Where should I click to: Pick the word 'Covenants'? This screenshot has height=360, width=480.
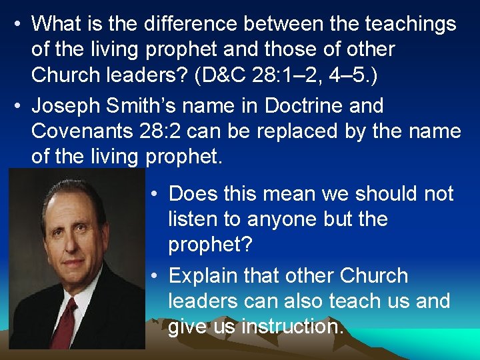pos(87,131)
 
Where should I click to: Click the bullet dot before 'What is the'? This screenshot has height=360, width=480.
pos(19,25)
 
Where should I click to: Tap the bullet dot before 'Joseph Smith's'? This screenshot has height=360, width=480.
pos(19,106)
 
